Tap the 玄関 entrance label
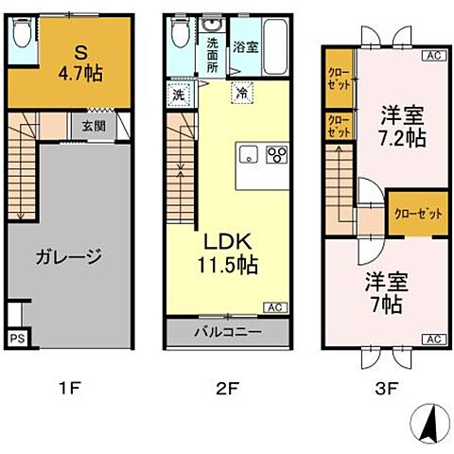[x=92, y=125]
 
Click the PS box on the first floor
[x=16, y=337]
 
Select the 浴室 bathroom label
[x=244, y=45]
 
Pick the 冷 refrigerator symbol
[x=243, y=94]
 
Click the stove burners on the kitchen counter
[x=276, y=155]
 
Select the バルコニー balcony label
[x=228, y=333]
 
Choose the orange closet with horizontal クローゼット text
[x=417, y=214]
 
